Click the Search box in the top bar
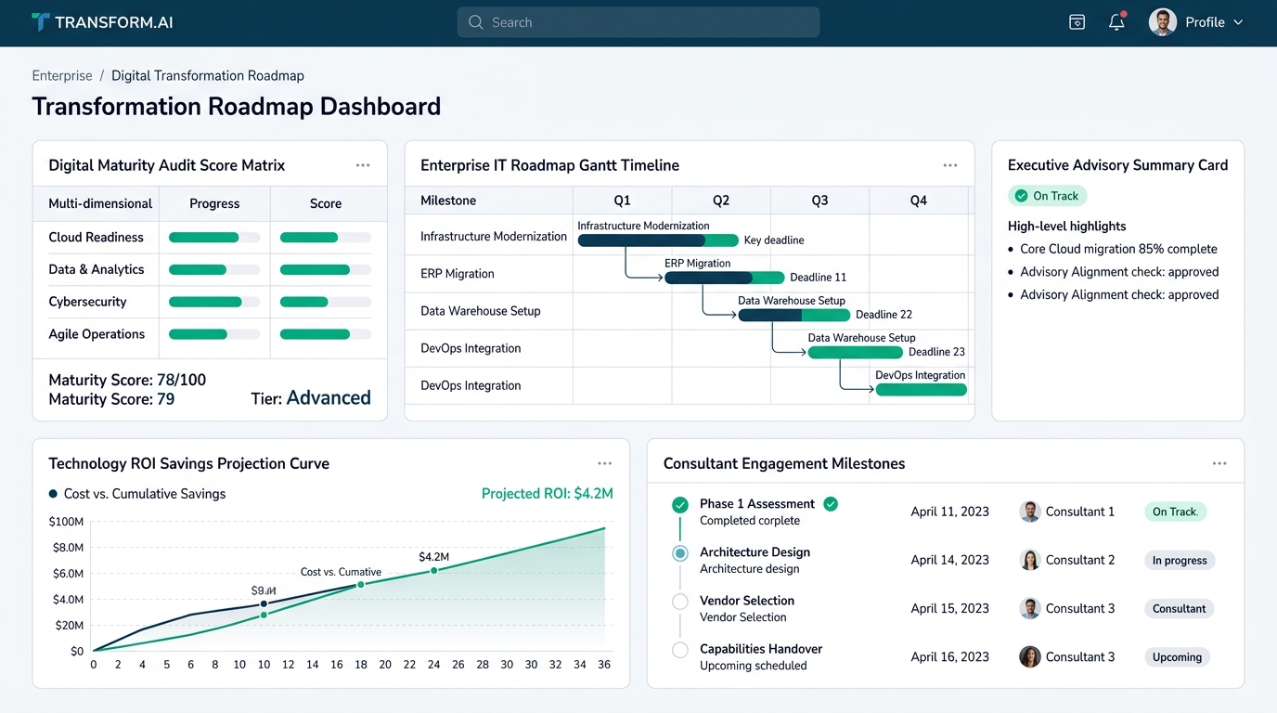pyautogui.click(x=638, y=22)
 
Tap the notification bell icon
pyautogui.click(x=1116, y=21)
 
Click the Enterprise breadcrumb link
pyautogui.click(x=62, y=76)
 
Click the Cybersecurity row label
pyautogui.click(x=87, y=302)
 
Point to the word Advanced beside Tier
pyautogui.click(x=329, y=397)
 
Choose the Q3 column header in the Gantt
pyautogui.click(x=819, y=201)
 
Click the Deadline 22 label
pyautogui.click(x=884, y=315)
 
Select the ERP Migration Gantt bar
pyautogui.click(x=724, y=278)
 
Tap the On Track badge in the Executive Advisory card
pyautogui.click(x=1047, y=196)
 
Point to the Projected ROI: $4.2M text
pyautogui.click(x=548, y=493)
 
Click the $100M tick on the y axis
pyautogui.click(x=66, y=522)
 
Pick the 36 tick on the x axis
pyautogui.click(x=604, y=665)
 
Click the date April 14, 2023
pyautogui.click(x=949, y=560)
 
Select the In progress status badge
pyautogui.click(x=1180, y=560)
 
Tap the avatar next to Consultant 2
pyautogui.click(x=1029, y=560)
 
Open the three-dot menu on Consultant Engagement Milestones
pyautogui.click(x=1219, y=464)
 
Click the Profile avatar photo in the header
pyautogui.click(x=1163, y=22)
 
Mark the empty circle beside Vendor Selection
pyautogui.click(x=680, y=602)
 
